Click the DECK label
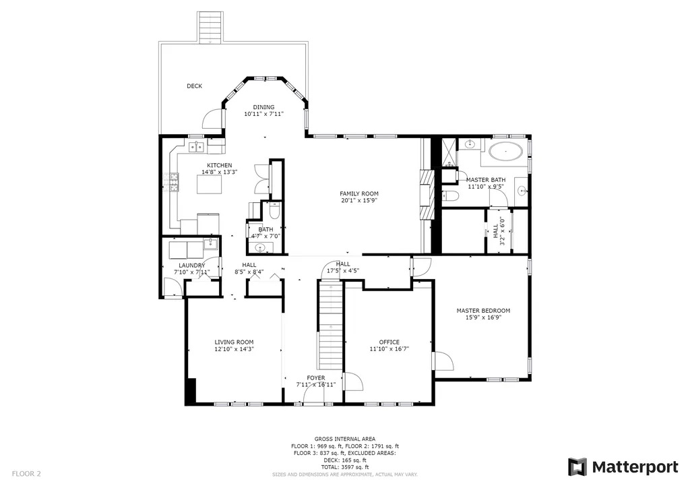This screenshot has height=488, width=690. coord(194,86)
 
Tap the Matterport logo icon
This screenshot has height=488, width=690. coord(577,467)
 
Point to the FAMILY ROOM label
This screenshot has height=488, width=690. coord(359,193)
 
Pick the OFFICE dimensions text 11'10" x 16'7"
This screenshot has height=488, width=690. coord(389,349)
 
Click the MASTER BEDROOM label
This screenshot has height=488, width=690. coord(483,310)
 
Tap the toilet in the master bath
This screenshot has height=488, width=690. coord(450,196)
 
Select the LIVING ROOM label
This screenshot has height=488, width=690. coord(234,342)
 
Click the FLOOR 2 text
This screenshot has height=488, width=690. coord(26,474)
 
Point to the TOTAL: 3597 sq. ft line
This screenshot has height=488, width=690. coord(345,467)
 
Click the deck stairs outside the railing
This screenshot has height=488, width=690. coord(210,27)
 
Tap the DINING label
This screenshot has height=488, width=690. coord(263,107)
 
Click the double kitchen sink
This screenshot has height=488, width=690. coord(196,147)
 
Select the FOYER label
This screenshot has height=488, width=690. coord(316,378)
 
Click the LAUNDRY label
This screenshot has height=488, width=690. coord(192,266)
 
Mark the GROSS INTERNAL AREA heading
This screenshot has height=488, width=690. coord(345,439)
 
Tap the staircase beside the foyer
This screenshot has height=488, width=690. coord(330,325)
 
